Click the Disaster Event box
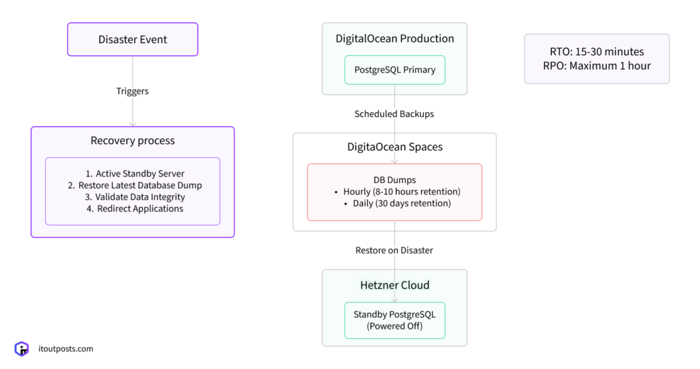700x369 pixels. click(132, 40)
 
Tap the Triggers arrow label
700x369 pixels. click(132, 91)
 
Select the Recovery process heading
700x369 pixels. click(133, 141)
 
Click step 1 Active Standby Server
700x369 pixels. click(135, 174)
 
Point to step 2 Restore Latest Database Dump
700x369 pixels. click(135, 185)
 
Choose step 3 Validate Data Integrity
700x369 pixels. click(135, 197)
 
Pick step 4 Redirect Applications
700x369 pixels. click(135, 208)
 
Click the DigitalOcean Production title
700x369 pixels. click(394, 38)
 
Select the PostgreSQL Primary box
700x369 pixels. click(394, 70)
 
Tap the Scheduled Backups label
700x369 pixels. click(394, 113)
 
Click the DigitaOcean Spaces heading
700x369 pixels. click(394, 147)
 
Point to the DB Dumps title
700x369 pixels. click(394, 180)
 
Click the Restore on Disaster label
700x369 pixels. click(394, 250)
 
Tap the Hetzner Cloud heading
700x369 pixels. click(394, 285)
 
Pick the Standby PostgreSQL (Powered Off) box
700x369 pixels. click(394, 320)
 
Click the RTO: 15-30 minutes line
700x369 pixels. click(597, 52)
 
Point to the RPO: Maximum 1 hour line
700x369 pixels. click(597, 66)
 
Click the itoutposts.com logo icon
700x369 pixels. click(22, 349)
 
